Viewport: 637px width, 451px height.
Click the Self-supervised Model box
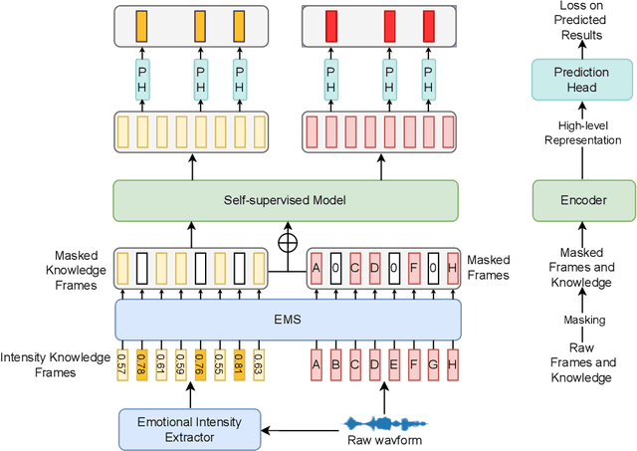click(286, 201)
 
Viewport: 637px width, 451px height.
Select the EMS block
click(289, 320)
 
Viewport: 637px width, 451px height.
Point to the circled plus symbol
click(288, 241)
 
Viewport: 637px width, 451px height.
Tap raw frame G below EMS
click(432, 365)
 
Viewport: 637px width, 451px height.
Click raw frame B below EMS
click(335, 365)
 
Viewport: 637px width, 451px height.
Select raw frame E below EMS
click(393, 365)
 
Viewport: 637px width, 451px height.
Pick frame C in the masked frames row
click(355, 268)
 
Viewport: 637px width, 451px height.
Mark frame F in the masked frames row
click(413, 268)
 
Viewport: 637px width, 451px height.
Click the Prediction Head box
click(583, 79)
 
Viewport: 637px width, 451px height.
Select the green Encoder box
click(583, 200)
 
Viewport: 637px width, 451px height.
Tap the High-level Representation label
click(583, 132)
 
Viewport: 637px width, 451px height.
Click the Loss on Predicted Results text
click(583, 21)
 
